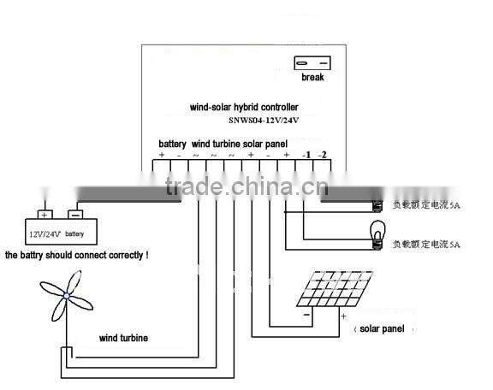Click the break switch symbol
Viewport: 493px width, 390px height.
tap(312, 62)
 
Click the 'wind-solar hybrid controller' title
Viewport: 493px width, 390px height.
tap(244, 108)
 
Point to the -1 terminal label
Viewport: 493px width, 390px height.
tap(305, 155)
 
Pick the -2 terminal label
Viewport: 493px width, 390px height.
tap(322, 155)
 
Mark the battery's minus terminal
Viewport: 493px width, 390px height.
tap(74, 215)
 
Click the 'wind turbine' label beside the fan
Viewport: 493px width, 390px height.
tap(123, 339)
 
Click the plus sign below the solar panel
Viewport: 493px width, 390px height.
tap(344, 316)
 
